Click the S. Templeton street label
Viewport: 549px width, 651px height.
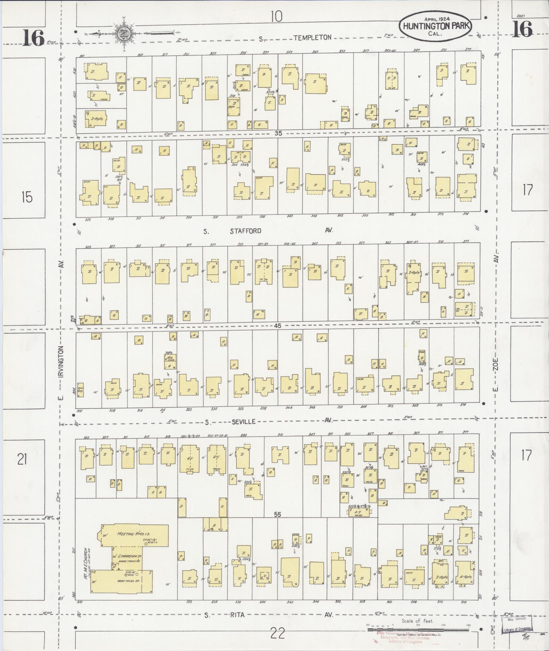[x=312, y=38]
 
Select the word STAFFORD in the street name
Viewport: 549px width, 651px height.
[x=245, y=231]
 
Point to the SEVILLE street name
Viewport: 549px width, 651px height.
[x=243, y=422]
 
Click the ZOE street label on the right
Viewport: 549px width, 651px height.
[x=496, y=364]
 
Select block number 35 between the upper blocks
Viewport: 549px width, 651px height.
[x=278, y=133]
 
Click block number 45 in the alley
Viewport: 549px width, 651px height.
[x=277, y=326]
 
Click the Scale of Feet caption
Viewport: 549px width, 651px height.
[x=417, y=621]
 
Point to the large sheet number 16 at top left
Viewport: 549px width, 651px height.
[x=34, y=38]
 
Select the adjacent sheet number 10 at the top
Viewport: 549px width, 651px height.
[x=277, y=16]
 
